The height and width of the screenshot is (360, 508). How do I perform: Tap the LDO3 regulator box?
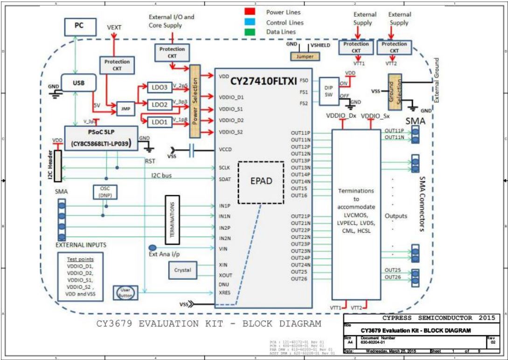pyautogui.click(x=160, y=87)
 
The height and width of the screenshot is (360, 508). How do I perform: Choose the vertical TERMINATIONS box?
pyautogui.click(x=173, y=219)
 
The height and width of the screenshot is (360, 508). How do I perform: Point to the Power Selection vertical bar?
pyautogui.click(x=195, y=101)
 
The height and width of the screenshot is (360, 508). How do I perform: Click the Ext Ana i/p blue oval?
pyautogui.click(x=153, y=248)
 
